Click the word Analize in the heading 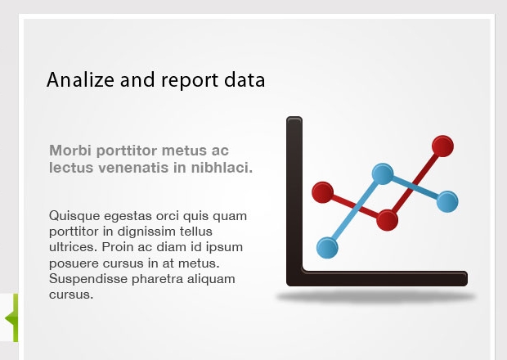tap(80, 79)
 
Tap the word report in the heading tap(190, 80)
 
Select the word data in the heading tap(245, 79)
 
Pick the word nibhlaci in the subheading tap(222, 168)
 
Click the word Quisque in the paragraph tap(74, 216)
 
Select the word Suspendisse tap(88, 279)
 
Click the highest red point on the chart tap(442, 146)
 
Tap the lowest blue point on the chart tap(327, 248)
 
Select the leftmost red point tap(323, 192)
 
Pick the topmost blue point tap(383, 174)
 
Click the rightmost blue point tap(447, 202)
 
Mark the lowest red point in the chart tap(387, 220)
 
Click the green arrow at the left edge tap(11, 318)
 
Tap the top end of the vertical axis tap(294, 117)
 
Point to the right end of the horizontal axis tap(467, 278)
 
